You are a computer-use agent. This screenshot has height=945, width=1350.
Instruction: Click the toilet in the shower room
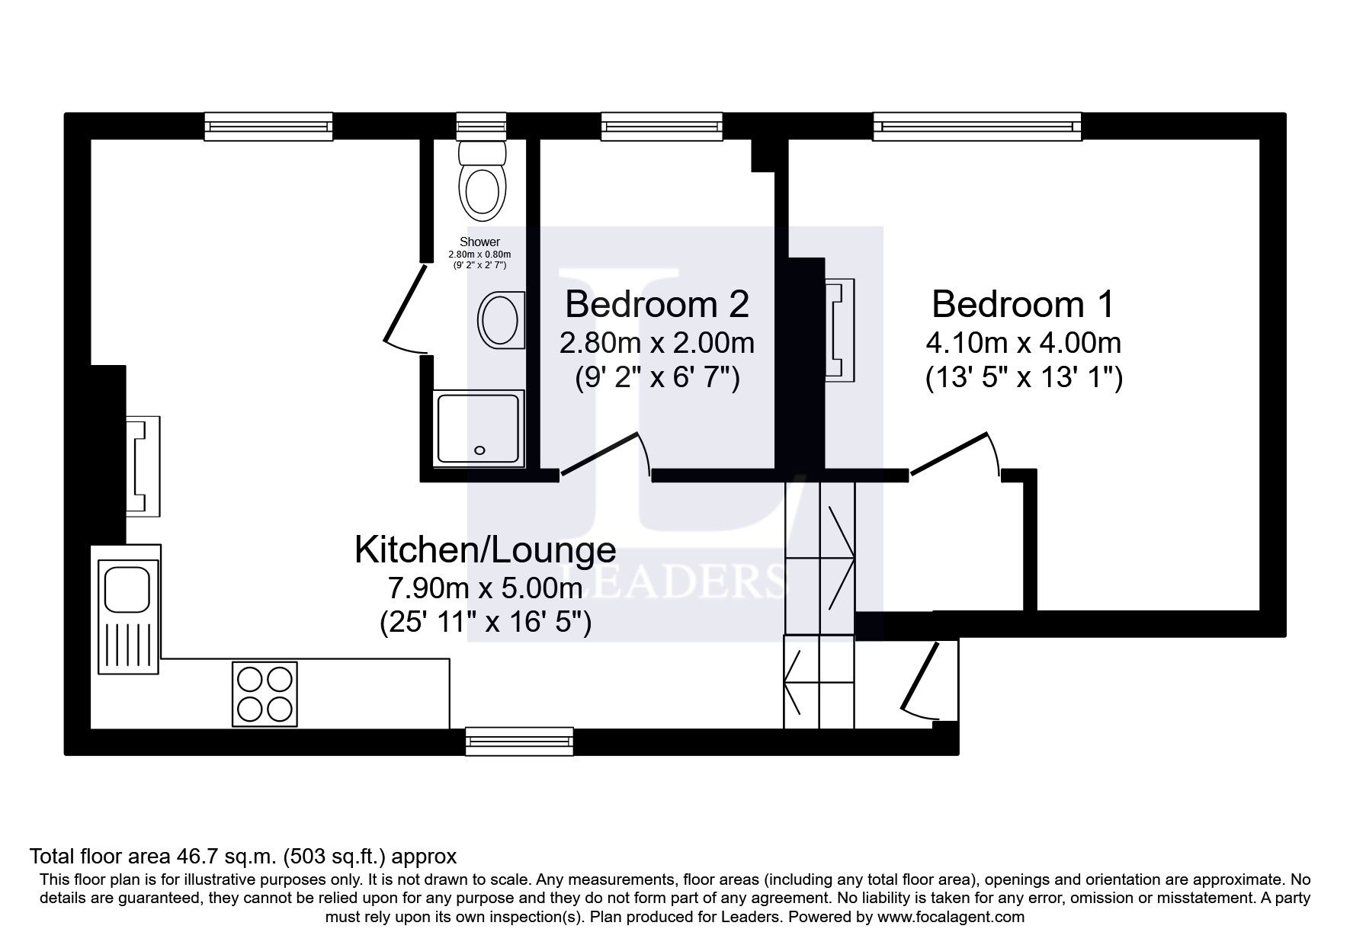pyautogui.click(x=483, y=181)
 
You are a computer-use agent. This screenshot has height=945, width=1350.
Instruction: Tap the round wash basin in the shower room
pyautogui.click(x=500, y=320)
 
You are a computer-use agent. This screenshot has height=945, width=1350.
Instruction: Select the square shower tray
pyautogui.click(x=479, y=429)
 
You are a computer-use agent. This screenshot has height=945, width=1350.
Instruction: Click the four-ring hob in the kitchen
pyautogui.click(x=265, y=694)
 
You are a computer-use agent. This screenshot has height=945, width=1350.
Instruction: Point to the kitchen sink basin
pyautogui.click(x=127, y=588)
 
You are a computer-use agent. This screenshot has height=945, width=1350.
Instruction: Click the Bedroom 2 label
pyautogui.click(x=656, y=304)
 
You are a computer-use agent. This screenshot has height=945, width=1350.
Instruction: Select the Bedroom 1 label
pyautogui.click(x=1022, y=304)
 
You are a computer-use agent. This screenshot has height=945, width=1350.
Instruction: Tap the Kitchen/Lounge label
pyautogui.click(x=485, y=549)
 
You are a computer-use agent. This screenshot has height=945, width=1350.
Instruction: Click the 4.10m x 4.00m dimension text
pyautogui.click(x=1023, y=343)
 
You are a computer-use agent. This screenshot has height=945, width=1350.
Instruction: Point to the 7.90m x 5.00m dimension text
pyautogui.click(x=485, y=588)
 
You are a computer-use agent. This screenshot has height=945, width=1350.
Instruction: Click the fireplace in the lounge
pyautogui.click(x=143, y=466)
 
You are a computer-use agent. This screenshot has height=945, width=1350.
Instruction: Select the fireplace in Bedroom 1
pyautogui.click(x=839, y=329)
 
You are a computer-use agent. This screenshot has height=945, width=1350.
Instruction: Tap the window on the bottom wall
pyautogui.click(x=519, y=741)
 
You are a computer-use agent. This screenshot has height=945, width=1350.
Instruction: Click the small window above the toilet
pyautogui.click(x=481, y=126)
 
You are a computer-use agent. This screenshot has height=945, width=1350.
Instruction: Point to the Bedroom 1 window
pyautogui.click(x=976, y=126)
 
